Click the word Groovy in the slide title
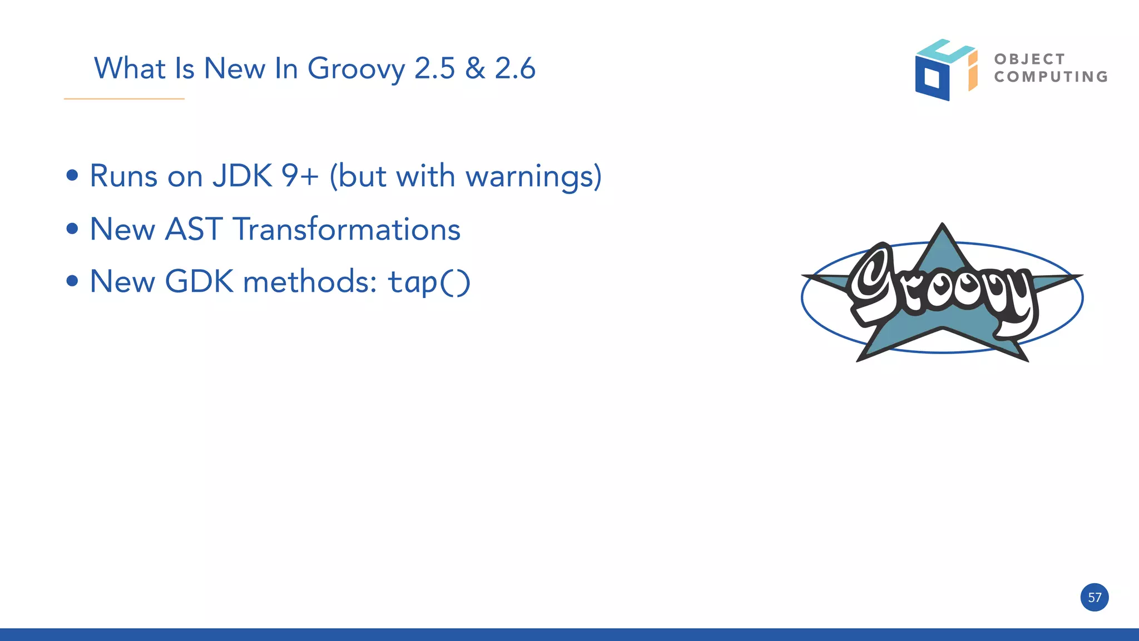click(x=356, y=69)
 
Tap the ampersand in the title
click(x=475, y=68)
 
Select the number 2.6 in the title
click(x=515, y=68)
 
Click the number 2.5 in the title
click(x=435, y=68)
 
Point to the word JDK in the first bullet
click(x=242, y=176)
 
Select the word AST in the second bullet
click(x=194, y=229)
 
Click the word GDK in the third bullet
click(x=199, y=281)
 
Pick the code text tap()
click(x=429, y=282)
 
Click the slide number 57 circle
click(x=1095, y=598)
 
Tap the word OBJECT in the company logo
click(x=1029, y=59)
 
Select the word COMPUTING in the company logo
click(x=1051, y=77)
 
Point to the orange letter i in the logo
click(x=973, y=71)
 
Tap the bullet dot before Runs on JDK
click(x=72, y=176)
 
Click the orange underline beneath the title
click(x=124, y=99)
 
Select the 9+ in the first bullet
click(x=300, y=176)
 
